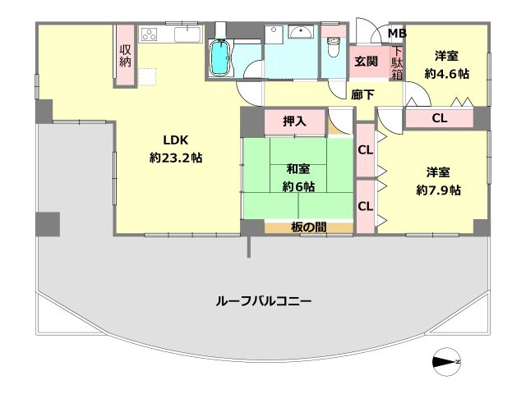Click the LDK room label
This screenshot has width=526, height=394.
(x=175, y=139)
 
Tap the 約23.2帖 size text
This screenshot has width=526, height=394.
(x=175, y=158)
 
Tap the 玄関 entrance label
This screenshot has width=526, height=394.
(x=366, y=61)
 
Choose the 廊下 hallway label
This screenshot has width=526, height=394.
(x=362, y=94)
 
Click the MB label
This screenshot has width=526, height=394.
(x=397, y=34)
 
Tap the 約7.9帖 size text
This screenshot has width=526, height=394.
(x=438, y=190)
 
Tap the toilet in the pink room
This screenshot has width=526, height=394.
(x=333, y=48)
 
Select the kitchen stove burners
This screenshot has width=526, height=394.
(x=151, y=34)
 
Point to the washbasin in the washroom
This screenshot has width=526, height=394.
(x=299, y=34)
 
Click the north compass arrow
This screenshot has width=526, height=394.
(x=446, y=360)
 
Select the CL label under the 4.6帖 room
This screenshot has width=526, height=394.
(x=440, y=118)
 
